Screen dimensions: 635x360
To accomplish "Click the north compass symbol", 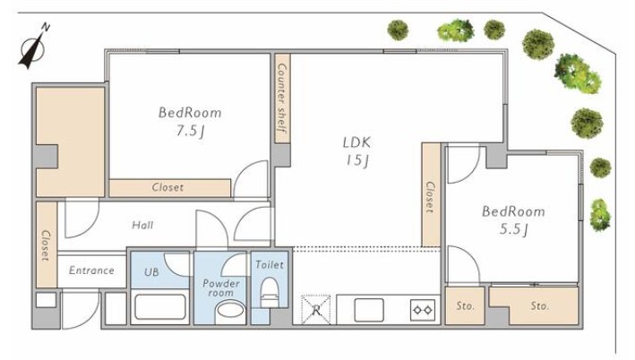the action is pyautogui.click(x=33, y=47).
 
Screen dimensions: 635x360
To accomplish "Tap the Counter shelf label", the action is pyautogui.click(x=282, y=98).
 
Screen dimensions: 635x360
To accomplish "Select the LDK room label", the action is pyautogui.click(x=356, y=142).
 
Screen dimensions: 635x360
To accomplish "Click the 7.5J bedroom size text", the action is pyautogui.click(x=190, y=131).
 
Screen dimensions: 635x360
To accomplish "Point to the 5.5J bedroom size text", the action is pyautogui.click(x=513, y=229).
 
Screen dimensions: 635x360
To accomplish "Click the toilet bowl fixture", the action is pyautogui.click(x=270, y=292).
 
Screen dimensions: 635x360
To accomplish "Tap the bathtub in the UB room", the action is pyautogui.click(x=160, y=306).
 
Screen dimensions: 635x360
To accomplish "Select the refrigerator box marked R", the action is pyautogui.click(x=316, y=310).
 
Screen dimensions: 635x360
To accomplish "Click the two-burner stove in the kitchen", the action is pyautogui.click(x=423, y=310).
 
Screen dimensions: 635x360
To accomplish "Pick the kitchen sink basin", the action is pyautogui.click(x=369, y=310).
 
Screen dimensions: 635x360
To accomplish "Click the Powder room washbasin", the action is pyautogui.click(x=230, y=313).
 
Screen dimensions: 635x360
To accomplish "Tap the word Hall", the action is pyautogui.click(x=142, y=225).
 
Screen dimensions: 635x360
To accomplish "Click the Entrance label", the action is pyautogui.click(x=91, y=270).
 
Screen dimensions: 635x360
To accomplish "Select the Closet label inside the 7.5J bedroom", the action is pyautogui.click(x=167, y=187).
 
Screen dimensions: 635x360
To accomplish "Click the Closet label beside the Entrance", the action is pyautogui.click(x=46, y=245).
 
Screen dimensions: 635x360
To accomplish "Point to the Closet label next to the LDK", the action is pyautogui.click(x=430, y=197).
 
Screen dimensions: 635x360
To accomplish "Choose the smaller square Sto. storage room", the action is pyautogui.click(x=465, y=305).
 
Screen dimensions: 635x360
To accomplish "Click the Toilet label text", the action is pyautogui.click(x=270, y=265).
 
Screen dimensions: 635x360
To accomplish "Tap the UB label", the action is pyautogui.click(x=151, y=272).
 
